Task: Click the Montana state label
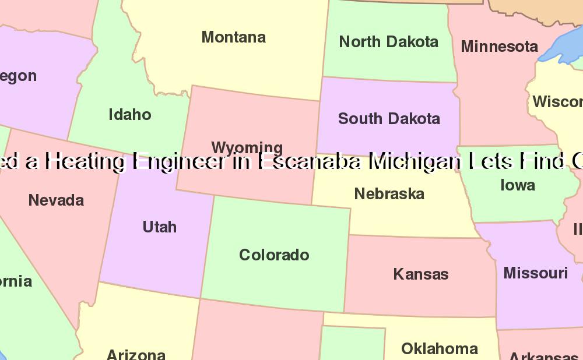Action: tap(233, 37)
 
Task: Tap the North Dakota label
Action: tap(388, 42)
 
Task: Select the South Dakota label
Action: tap(389, 119)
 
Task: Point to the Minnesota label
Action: tap(499, 47)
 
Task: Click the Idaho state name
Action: tap(130, 115)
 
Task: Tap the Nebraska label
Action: tap(389, 194)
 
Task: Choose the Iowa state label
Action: tap(518, 185)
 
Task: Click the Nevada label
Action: tap(56, 200)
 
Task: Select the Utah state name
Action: tap(159, 227)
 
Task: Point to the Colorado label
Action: tap(274, 255)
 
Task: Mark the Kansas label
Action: tap(420, 274)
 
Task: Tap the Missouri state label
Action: tap(535, 273)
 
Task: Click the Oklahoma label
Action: tap(440, 349)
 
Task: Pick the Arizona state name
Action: tap(136, 354)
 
